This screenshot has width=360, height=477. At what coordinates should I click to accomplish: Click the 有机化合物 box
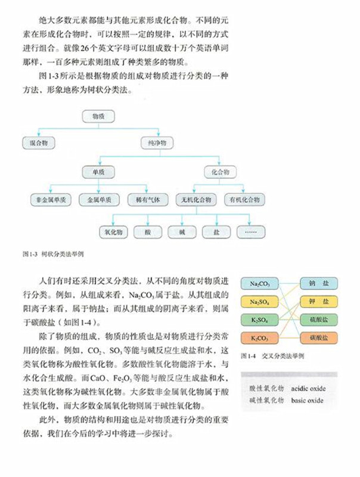(x=244, y=200)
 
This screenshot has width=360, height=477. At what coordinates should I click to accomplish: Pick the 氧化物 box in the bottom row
(x=113, y=231)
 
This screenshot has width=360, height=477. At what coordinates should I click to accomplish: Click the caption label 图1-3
(x=29, y=254)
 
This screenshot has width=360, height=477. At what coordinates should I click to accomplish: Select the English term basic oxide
(x=308, y=400)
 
